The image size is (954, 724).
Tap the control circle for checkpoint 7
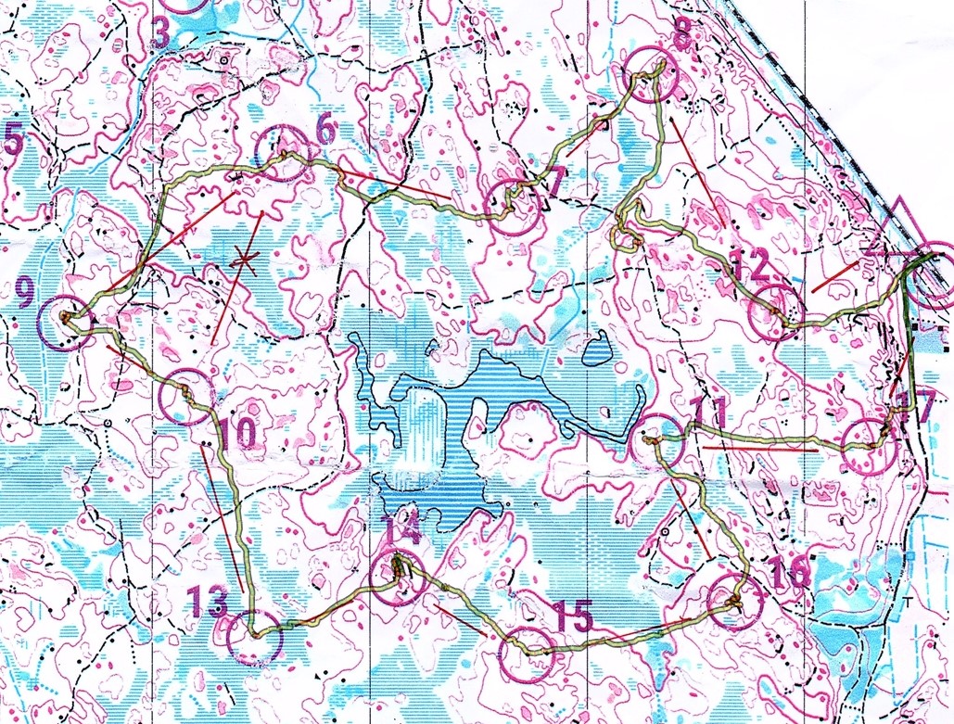513,206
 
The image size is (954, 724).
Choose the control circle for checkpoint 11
661,440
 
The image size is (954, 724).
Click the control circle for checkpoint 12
773,309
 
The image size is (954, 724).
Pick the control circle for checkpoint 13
252,638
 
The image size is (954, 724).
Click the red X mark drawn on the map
244,260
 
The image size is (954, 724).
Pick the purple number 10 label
237,431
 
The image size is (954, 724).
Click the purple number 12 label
748,267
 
